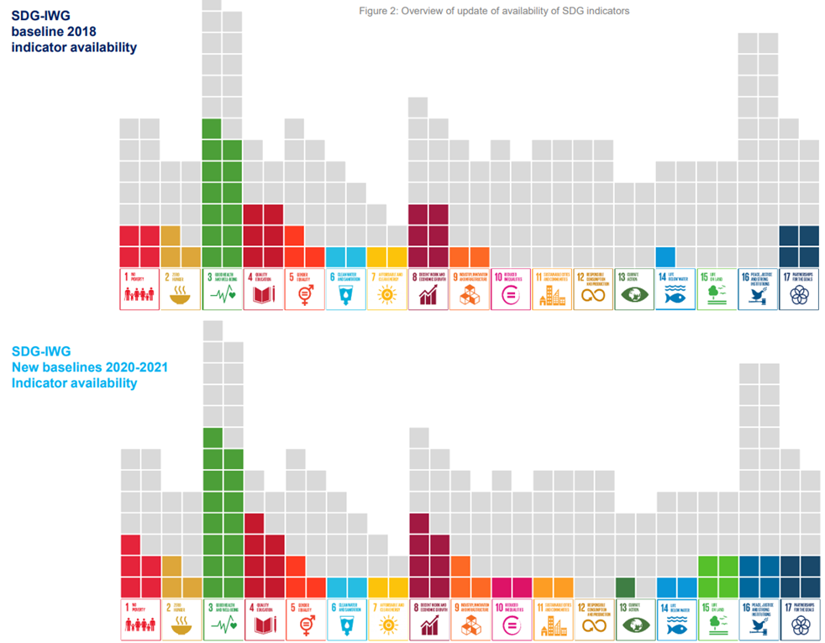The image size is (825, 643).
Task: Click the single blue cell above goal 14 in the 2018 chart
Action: click(x=665, y=256)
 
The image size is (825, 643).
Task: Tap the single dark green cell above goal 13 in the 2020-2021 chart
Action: click(x=624, y=587)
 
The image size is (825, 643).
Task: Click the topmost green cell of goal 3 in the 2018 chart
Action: click(x=212, y=129)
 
